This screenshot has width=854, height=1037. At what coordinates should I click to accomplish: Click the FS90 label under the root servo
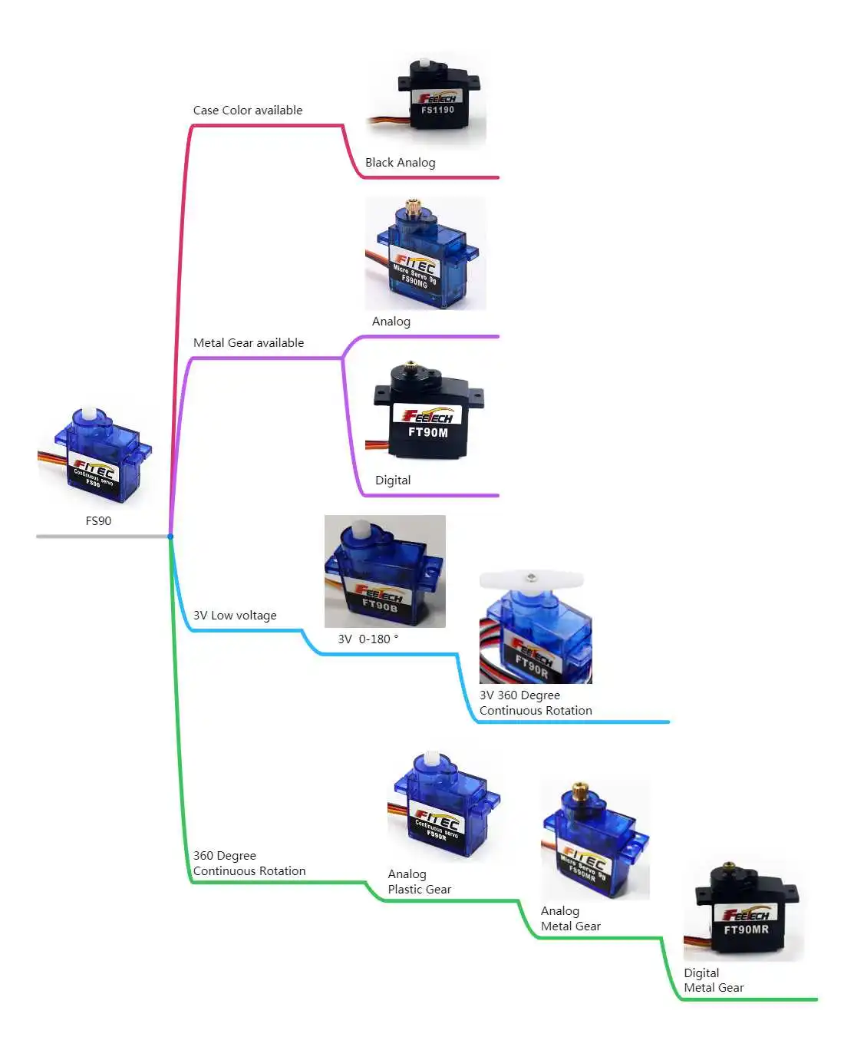[x=98, y=520]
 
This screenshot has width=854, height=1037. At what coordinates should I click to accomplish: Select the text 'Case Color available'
[x=247, y=111]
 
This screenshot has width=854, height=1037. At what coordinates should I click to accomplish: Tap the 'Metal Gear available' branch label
[x=248, y=343]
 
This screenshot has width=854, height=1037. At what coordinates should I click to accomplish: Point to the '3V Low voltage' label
[x=235, y=616]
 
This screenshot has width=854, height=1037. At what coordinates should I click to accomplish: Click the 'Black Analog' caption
[x=400, y=163]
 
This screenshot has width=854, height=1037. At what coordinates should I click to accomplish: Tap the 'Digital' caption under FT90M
[x=393, y=481]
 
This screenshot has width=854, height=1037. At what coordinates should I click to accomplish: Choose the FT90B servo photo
[x=384, y=572]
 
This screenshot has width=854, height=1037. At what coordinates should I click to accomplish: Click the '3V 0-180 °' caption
[x=368, y=639]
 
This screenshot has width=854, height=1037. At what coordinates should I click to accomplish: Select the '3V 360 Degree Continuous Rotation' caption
[x=536, y=703]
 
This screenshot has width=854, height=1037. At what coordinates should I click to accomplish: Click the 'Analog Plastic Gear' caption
[x=419, y=882]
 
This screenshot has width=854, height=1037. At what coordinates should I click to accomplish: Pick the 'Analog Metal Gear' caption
[x=570, y=919]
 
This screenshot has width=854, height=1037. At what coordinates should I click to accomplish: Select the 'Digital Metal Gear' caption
[x=714, y=980]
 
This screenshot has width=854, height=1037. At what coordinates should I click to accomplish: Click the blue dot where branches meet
[x=170, y=537]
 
